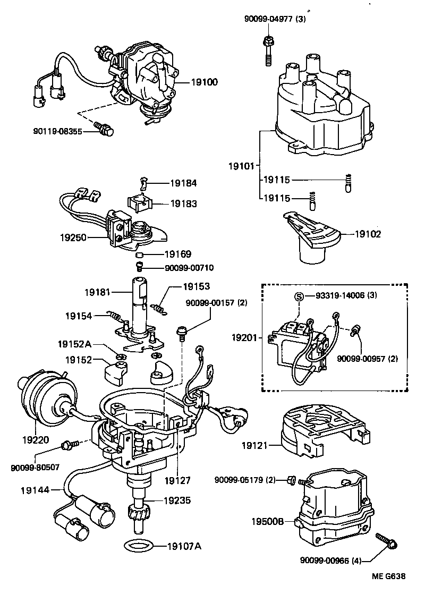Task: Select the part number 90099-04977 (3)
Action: (x=283, y=20)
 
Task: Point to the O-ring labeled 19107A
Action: (x=140, y=545)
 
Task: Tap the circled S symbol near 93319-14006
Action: (x=300, y=296)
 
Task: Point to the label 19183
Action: (x=183, y=203)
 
